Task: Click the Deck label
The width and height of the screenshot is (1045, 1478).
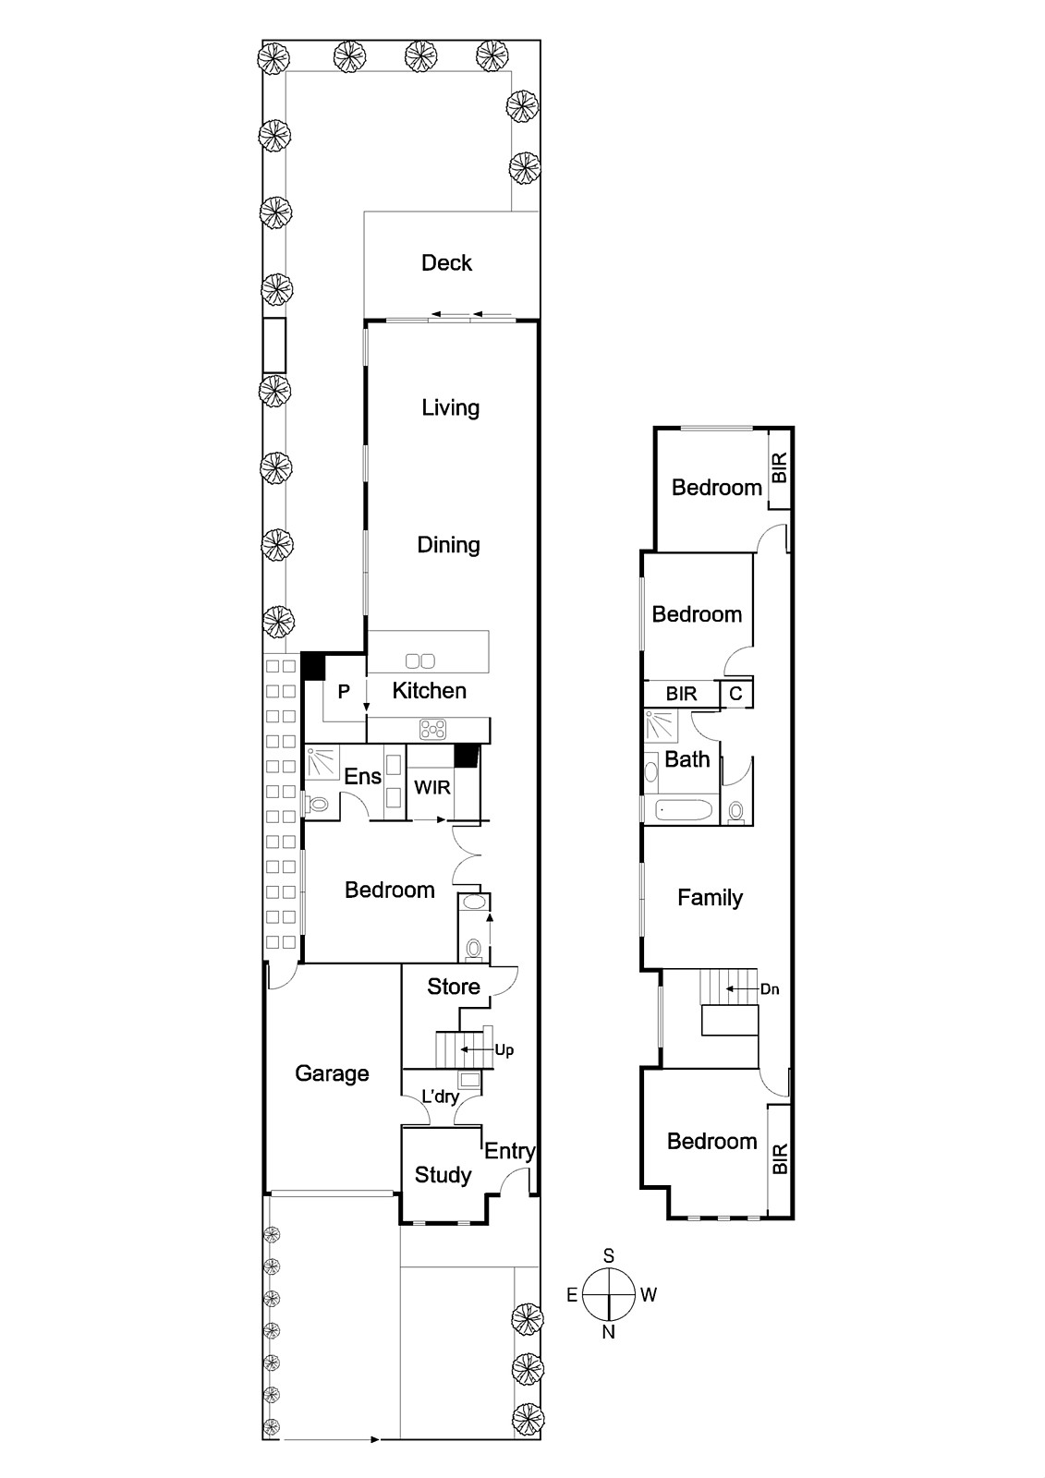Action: (x=446, y=263)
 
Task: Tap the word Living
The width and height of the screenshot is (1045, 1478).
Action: (x=450, y=407)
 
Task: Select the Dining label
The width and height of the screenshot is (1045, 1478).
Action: (x=448, y=545)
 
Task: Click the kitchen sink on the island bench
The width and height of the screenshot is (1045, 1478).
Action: (x=420, y=660)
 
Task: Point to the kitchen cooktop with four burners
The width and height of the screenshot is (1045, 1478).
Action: (x=431, y=730)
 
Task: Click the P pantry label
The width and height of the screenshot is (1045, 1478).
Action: (x=344, y=692)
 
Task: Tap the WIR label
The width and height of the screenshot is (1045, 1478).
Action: (x=431, y=788)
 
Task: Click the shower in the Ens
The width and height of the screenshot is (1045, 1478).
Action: (x=322, y=763)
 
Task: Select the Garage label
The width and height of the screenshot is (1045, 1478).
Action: (x=332, y=1073)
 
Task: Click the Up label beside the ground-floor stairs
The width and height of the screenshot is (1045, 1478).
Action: (x=504, y=1050)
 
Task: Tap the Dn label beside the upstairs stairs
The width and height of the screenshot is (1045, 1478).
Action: (x=769, y=989)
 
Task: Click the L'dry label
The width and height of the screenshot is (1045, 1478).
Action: (x=440, y=1097)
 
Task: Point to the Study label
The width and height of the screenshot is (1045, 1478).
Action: (x=443, y=1175)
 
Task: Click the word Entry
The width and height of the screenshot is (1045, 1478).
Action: (x=509, y=1151)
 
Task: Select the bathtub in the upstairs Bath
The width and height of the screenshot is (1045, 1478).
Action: (x=685, y=811)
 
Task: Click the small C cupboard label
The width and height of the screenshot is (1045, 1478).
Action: (x=735, y=694)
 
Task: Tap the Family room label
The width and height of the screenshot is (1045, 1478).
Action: (x=710, y=898)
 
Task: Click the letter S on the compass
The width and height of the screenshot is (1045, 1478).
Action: (x=609, y=1256)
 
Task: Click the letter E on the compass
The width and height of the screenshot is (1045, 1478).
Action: (x=572, y=1295)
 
